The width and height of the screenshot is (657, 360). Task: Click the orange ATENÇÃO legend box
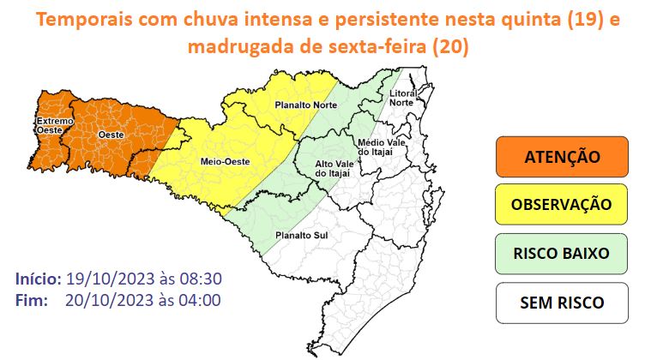pyautogui.click(x=562, y=157)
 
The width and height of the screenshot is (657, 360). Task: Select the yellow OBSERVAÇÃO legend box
pyautogui.click(x=562, y=205)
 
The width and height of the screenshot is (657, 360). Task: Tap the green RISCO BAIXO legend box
pyautogui.click(x=562, y=254)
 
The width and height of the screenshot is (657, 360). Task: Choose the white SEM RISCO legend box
pyautogui.click(x=562, y=302)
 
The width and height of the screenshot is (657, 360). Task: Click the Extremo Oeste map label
pyautogui.click(x=48, y=126)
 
